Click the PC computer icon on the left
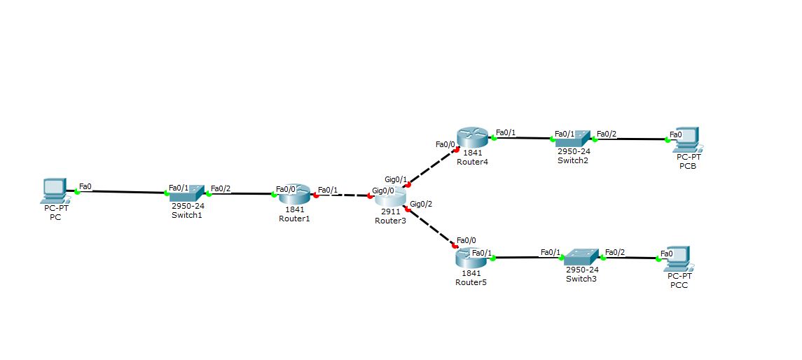(54, 188)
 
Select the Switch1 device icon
(188, 193)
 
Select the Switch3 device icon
(582, 257)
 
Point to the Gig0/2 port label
(421, 205)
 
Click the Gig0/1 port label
(396, 180)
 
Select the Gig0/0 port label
(383, 190)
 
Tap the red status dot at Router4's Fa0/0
(457, 148)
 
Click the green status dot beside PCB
(666, 139)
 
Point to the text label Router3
(390, 221)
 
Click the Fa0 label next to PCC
(666, 253)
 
